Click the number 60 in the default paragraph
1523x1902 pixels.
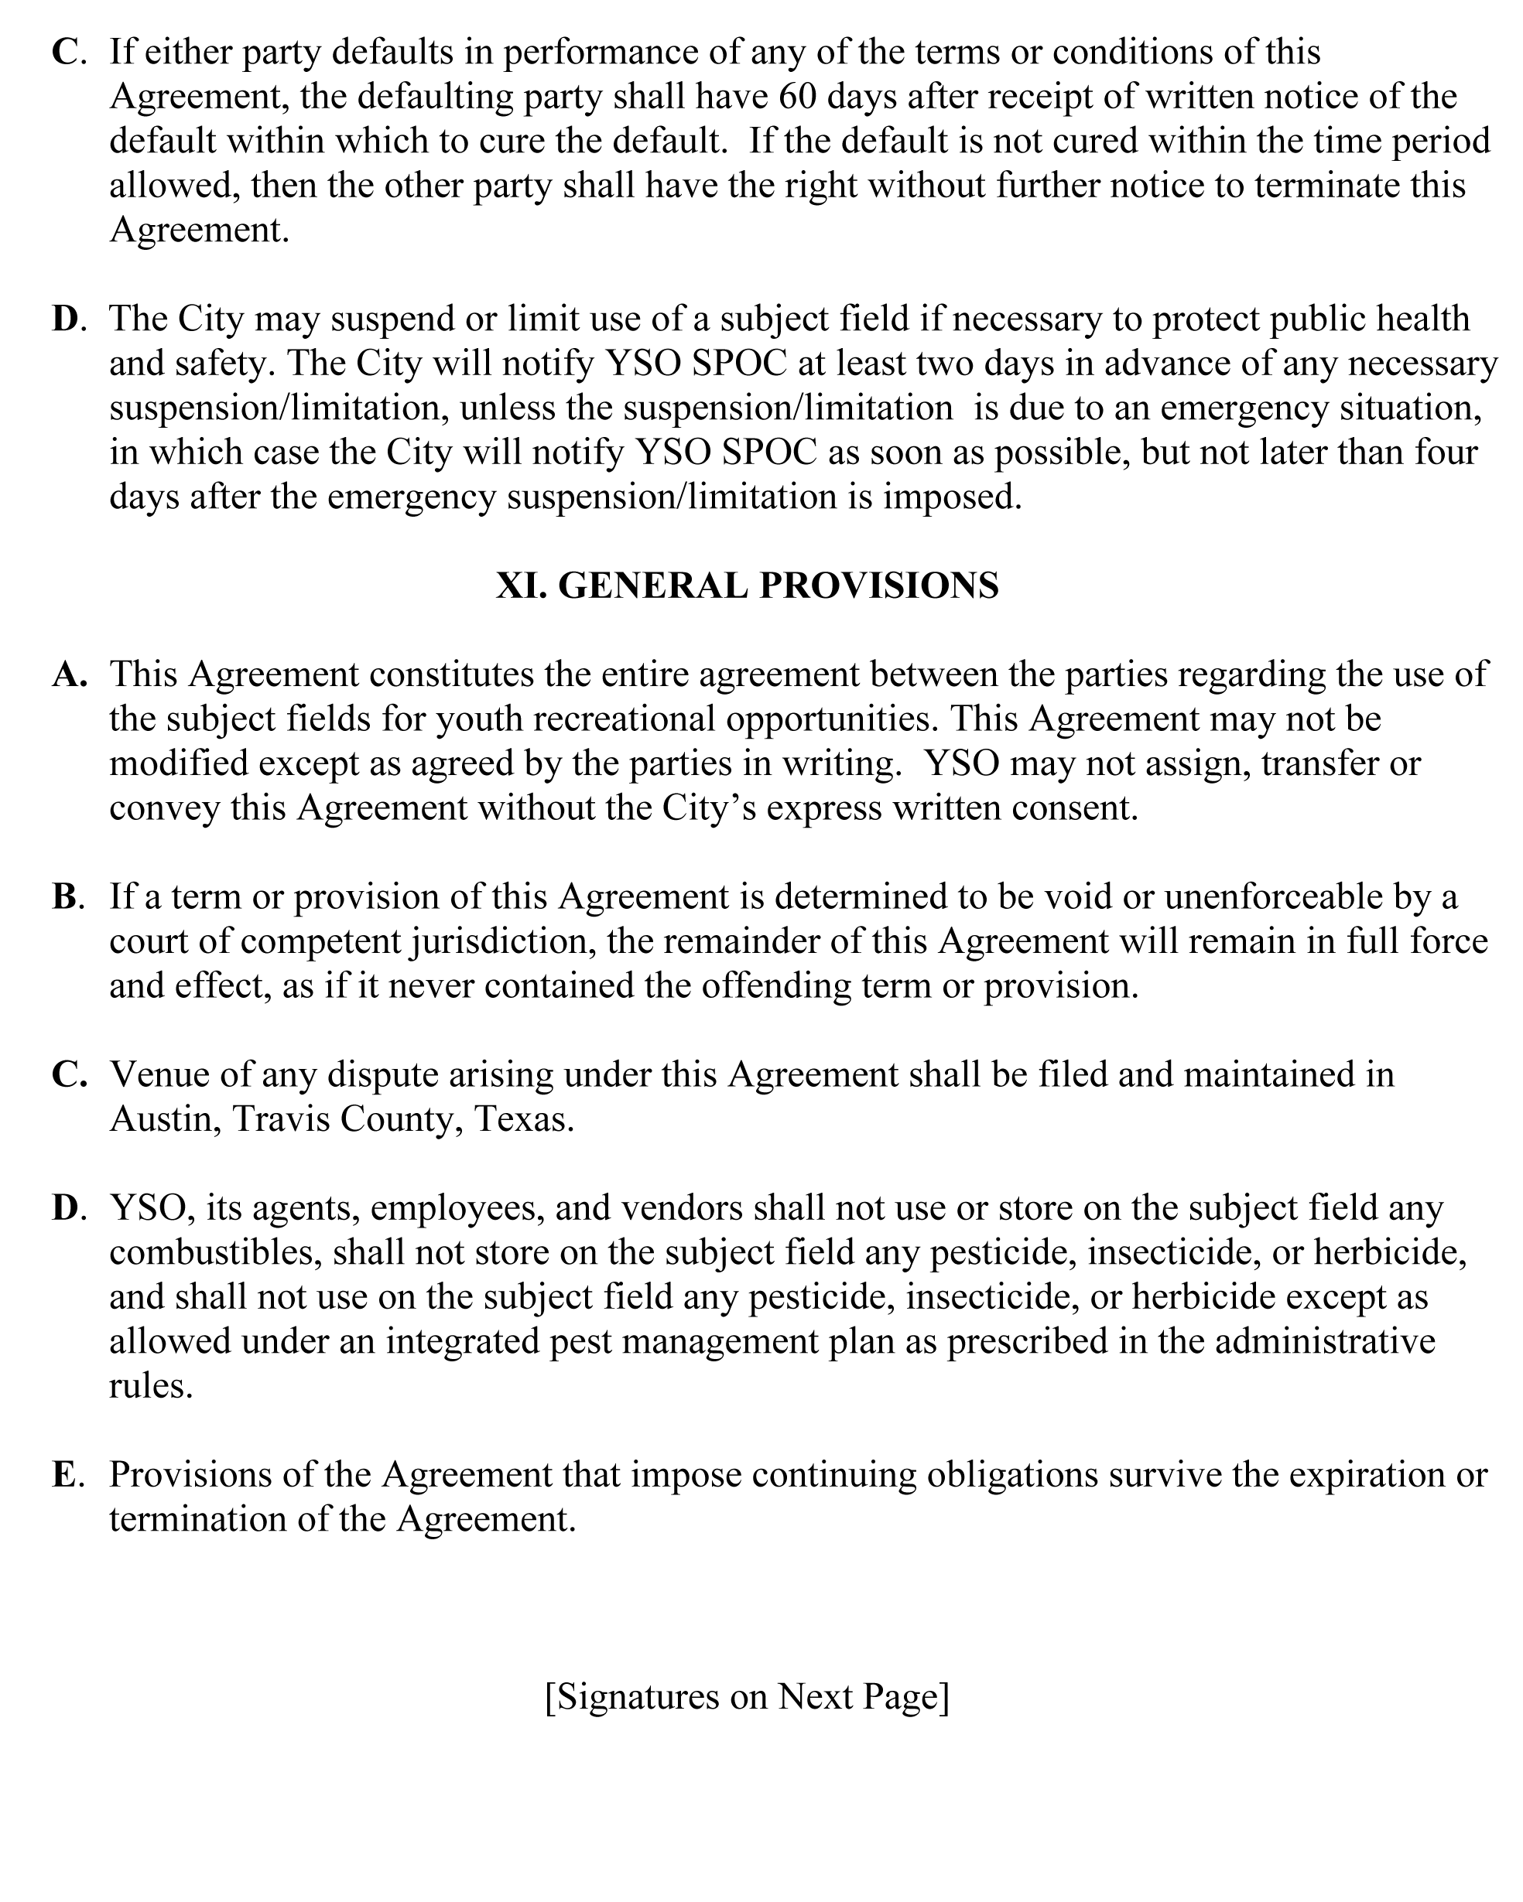click(x=798, y=96)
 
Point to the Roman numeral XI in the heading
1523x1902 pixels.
click(x=522, y=586)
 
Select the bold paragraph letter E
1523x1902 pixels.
click(x=64, y=1474)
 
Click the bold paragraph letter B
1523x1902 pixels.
click(x=65, y=896)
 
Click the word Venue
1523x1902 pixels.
click(x=163, y=1074)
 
